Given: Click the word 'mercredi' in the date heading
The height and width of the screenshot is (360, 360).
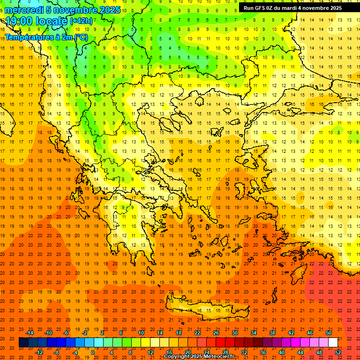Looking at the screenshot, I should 25,10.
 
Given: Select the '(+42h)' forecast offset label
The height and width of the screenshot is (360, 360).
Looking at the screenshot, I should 81,21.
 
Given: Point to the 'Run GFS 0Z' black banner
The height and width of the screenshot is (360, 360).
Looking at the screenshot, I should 292,8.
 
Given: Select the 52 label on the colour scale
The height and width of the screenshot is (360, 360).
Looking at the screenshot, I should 338,352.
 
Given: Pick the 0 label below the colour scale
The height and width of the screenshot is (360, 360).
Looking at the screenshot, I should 92,352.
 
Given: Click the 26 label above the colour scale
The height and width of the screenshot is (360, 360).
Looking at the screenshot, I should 216,333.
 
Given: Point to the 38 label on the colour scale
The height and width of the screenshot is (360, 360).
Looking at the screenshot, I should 272,333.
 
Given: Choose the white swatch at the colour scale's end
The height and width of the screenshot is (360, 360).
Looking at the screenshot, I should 333,343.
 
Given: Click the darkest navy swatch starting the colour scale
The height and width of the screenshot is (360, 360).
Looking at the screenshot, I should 23,343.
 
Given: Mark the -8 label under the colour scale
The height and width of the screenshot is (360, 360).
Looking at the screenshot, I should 57,352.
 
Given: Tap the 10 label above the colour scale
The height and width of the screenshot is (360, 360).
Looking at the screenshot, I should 141,333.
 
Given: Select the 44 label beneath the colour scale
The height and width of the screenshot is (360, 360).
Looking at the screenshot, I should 301,352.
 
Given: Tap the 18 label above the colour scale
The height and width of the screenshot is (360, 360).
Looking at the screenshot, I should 179,333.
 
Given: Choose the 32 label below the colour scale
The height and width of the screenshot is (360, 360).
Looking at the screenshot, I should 244,352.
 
